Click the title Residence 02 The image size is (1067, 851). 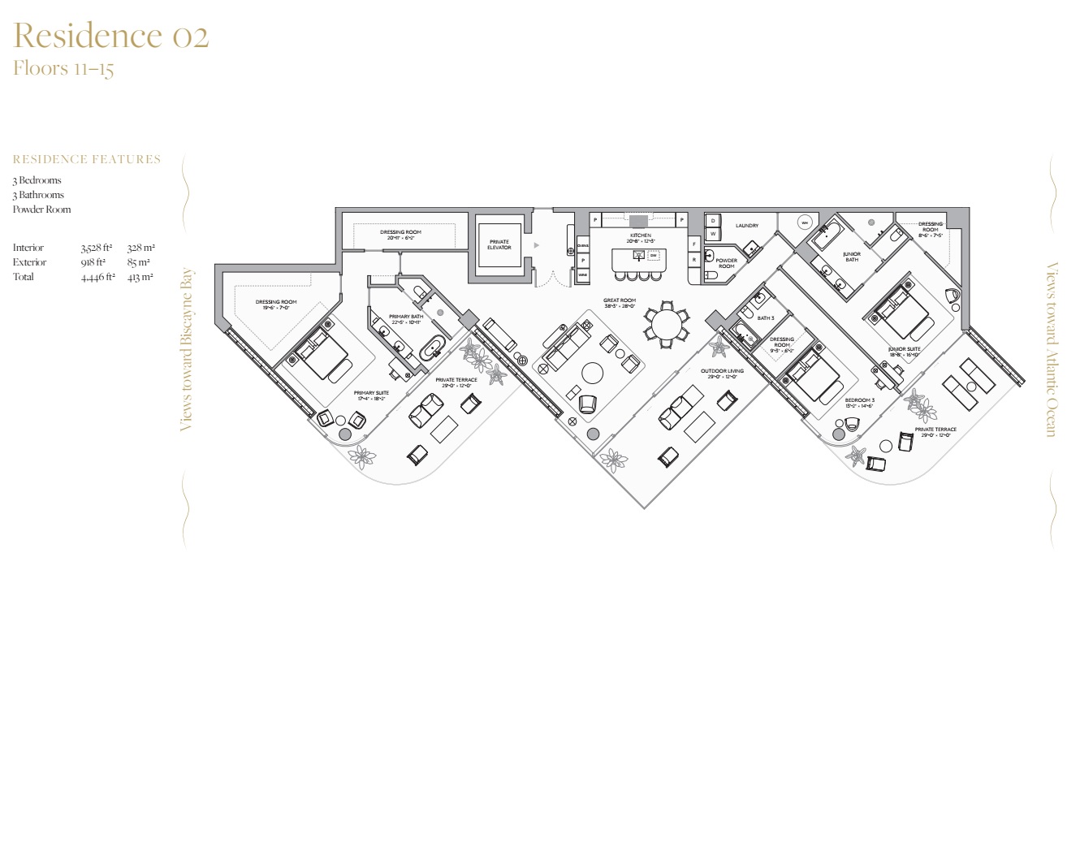(111, 36)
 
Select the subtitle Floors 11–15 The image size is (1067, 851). (63, 68)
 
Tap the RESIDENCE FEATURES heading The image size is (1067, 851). (87, 159)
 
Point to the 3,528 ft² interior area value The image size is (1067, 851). (97, 248)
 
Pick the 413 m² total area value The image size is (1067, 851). (140, 277)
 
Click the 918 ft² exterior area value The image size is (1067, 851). (93, 262)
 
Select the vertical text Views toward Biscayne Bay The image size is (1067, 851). (186, 349)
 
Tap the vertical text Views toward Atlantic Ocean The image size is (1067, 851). (1052, 349)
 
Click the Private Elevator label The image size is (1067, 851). (499, 244)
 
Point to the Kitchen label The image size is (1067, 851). (640, 235)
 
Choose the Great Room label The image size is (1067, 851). (619, 300)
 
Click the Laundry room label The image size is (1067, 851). (746, 226)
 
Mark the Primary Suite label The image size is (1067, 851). (371, 393)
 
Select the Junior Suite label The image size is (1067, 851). (904, 349)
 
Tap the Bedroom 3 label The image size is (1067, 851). (859, 400)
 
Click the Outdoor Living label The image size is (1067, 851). (722, 371)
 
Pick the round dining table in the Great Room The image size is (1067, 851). (667, 326)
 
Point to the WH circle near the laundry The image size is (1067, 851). (804, 222)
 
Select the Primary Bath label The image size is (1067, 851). (405, 317)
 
